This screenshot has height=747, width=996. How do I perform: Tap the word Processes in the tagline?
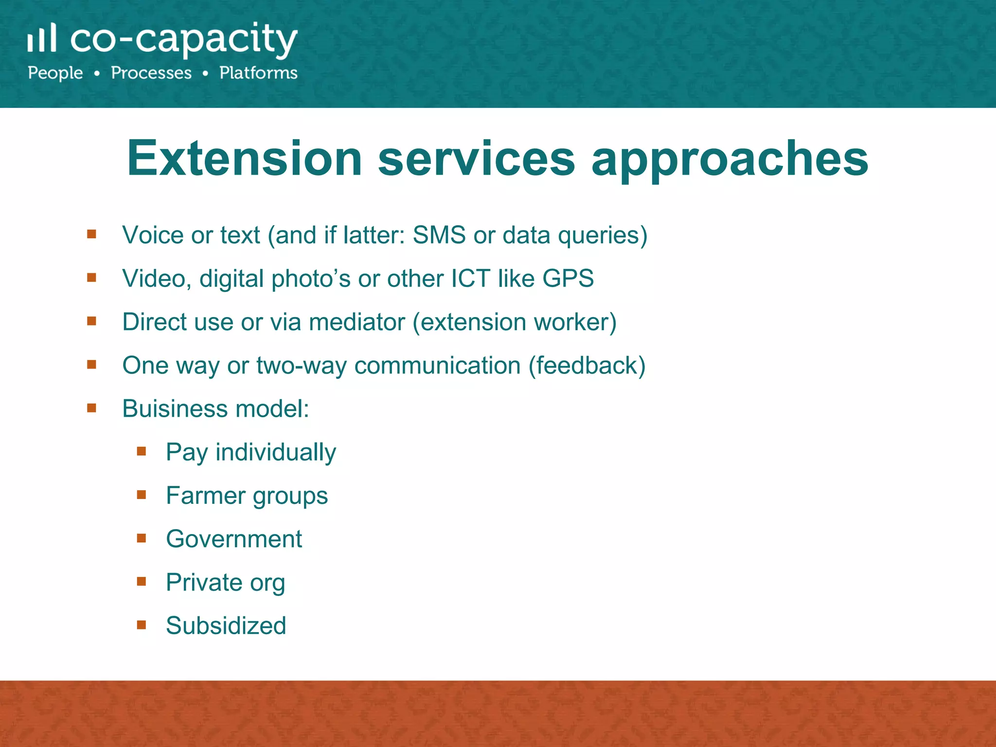coord(151,73)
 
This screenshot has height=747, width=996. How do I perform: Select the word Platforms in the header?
coord(258,73)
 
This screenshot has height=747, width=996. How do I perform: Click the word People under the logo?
coord(55,73)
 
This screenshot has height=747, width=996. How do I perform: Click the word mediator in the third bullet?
coord(357,322)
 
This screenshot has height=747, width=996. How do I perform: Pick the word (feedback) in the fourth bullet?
coord(587,365)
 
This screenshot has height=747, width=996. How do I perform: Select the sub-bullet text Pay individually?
coord(251,453)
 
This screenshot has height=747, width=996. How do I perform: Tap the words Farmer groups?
coord(247,496)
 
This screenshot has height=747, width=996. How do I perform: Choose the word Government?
coord(234,539)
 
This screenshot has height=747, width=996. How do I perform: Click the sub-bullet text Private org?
coord(225,583)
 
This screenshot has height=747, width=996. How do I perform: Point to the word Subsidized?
coord(226,626)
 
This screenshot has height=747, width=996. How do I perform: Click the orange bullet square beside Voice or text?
coord(91,234)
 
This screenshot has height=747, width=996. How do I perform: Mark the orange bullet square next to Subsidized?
coord(142,625)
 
